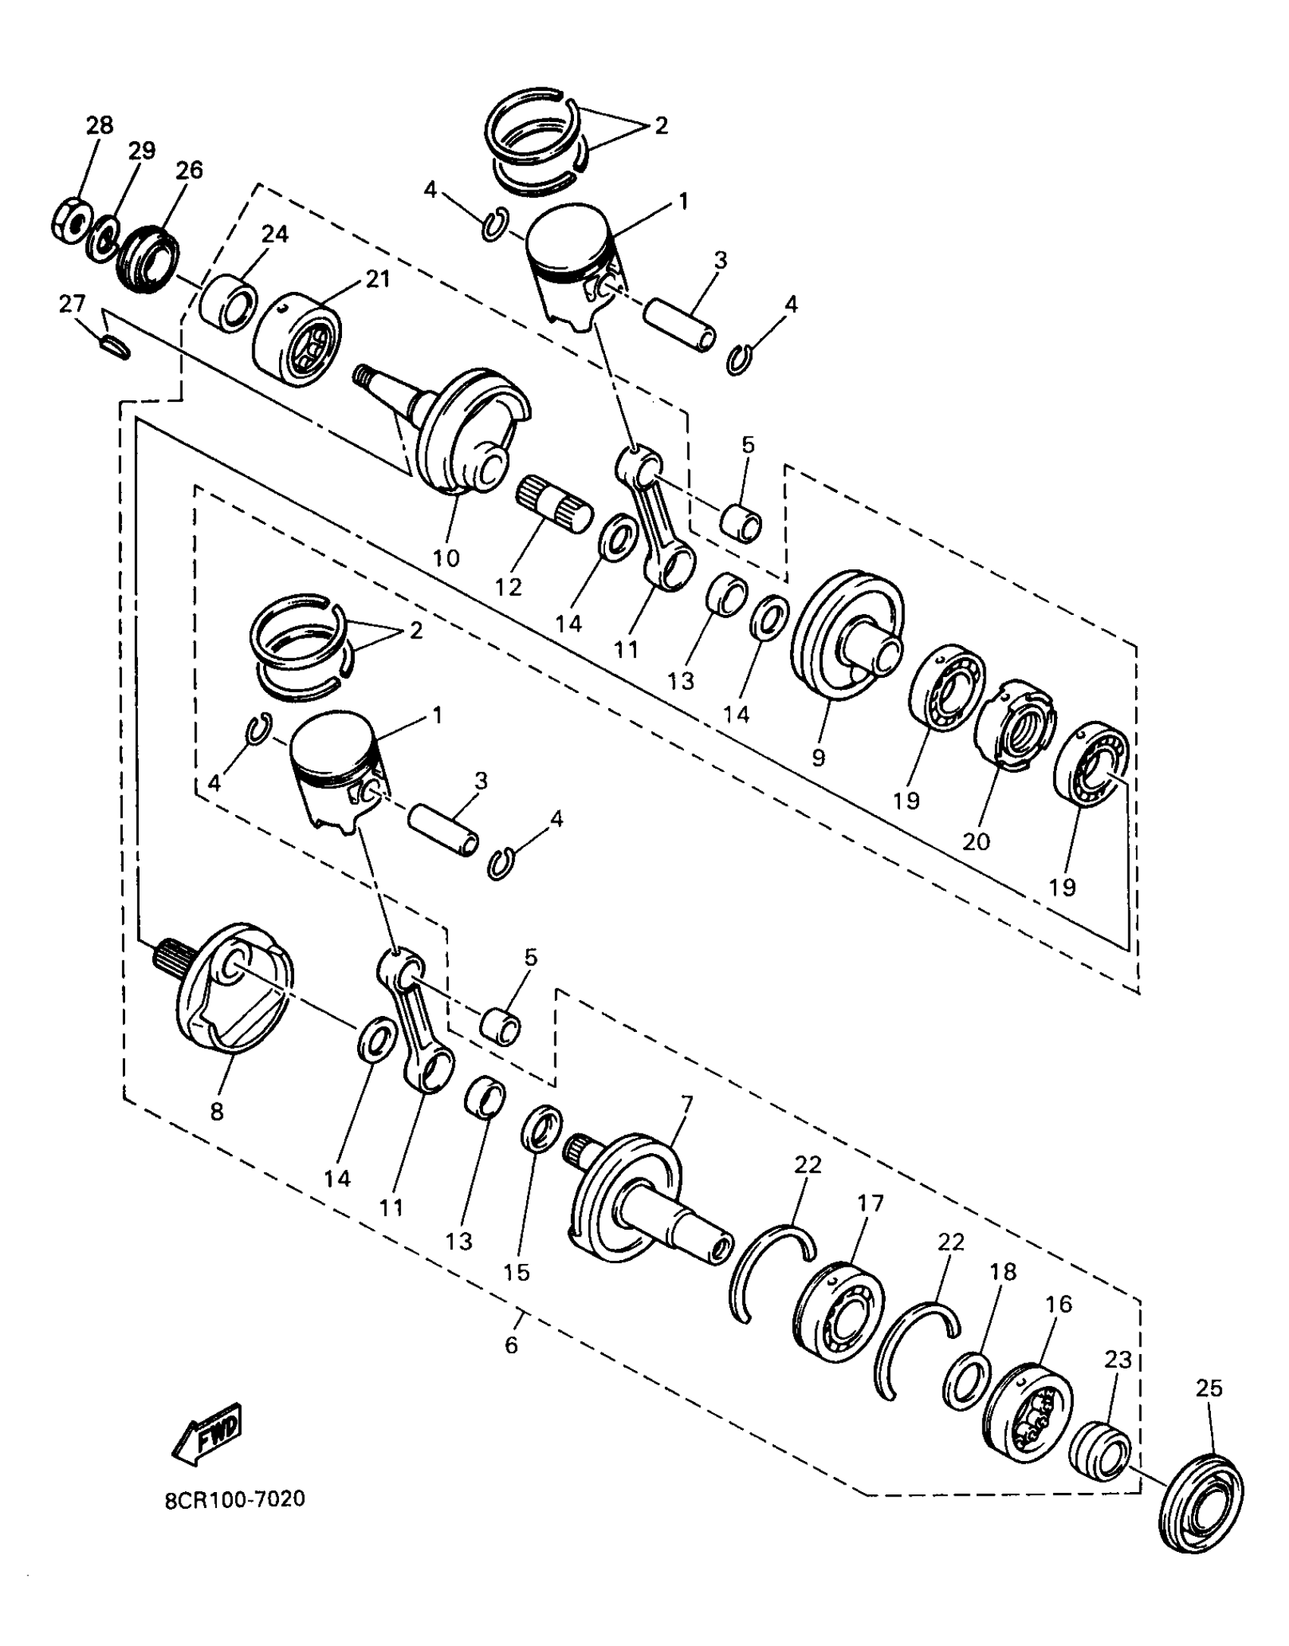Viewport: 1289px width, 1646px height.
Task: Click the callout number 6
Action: pos(512,1345)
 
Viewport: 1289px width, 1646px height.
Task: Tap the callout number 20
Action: pos(976,841)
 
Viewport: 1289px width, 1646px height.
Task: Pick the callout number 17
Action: pos(871,1203)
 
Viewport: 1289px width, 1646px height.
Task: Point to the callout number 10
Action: pos(447,559)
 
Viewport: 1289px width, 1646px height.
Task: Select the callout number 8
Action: pos(217,1112)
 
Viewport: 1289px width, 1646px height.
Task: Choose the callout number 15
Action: pos(516,1272)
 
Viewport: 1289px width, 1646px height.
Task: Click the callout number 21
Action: pos(378,280)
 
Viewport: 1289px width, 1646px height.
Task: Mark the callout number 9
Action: pos(817,757)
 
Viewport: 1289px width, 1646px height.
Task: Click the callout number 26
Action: pos(189,170)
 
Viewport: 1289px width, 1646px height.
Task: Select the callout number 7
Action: pos(686,1104)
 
